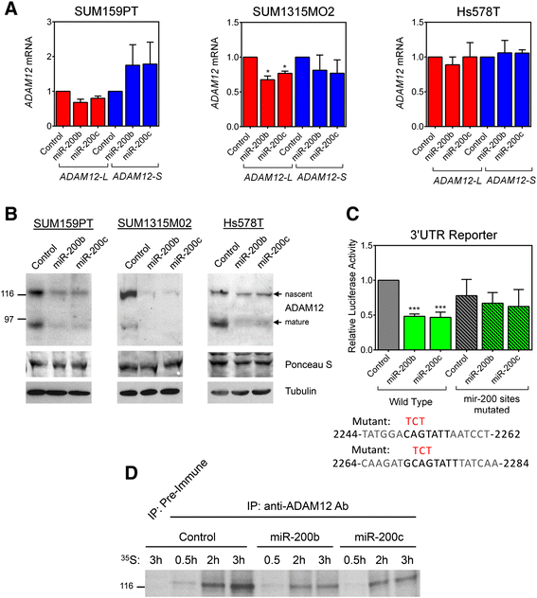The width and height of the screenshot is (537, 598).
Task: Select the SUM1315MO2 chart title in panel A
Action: (264, 11)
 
